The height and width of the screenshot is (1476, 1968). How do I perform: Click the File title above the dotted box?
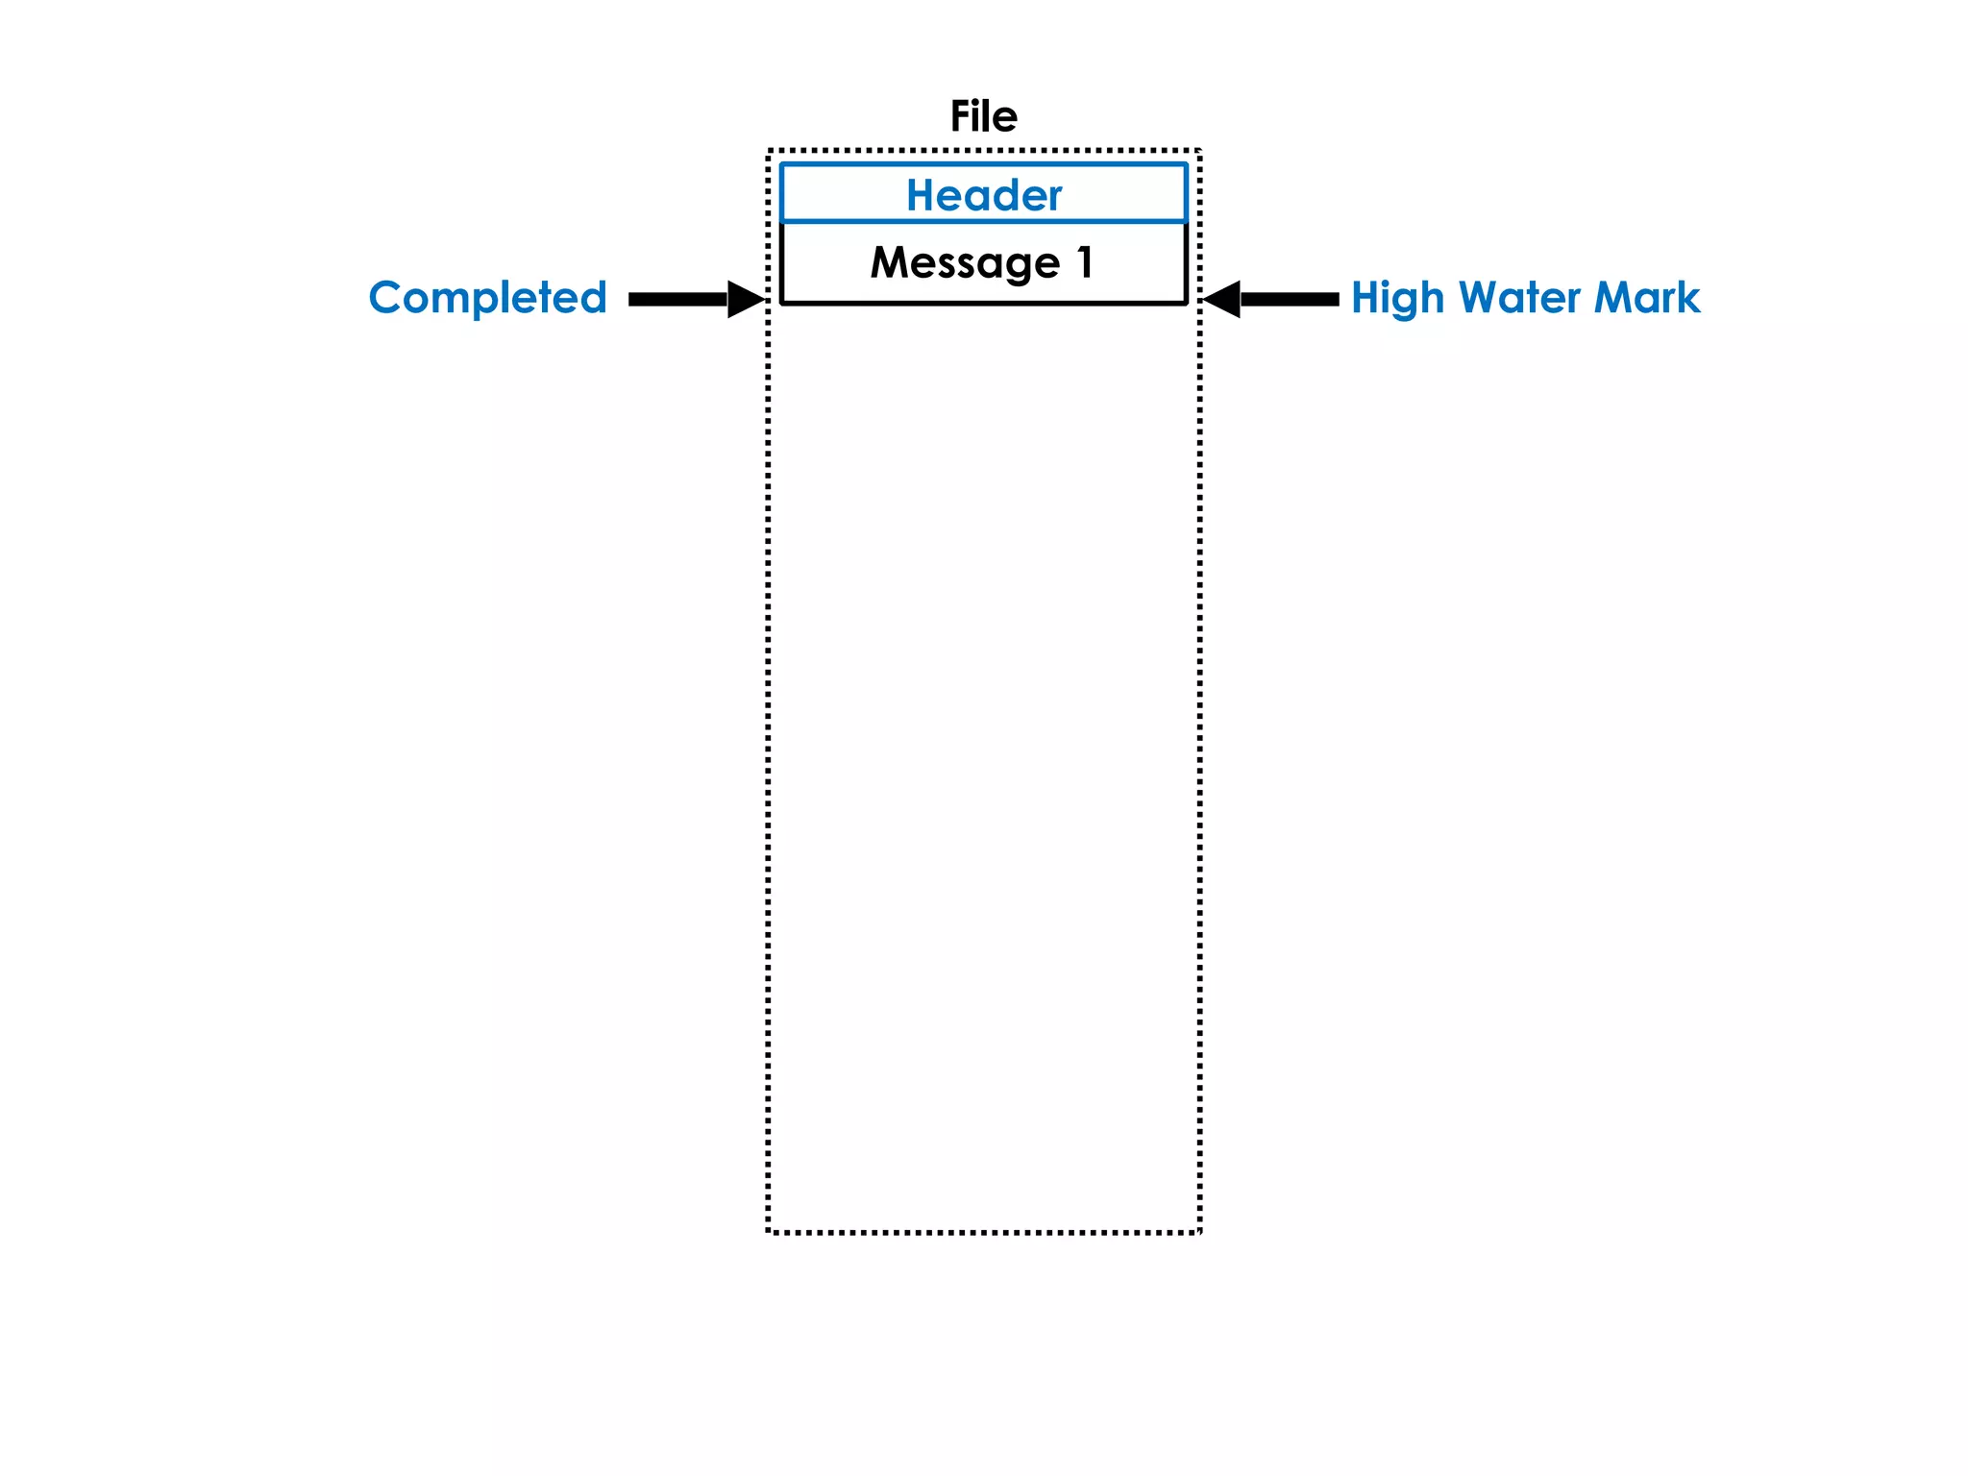[983, 116]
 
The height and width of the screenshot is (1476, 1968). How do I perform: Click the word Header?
[983, 195]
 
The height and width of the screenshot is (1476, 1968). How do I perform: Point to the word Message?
[964, 262]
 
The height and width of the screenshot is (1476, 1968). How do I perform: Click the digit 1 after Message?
[1085, 262]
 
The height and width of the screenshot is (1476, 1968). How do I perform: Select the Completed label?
[487, 297]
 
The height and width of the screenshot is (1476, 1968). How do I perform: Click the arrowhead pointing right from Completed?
[745, 299]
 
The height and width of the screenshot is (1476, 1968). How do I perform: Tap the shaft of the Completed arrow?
[677, 299]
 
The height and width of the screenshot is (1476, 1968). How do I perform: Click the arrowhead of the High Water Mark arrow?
[1223, 299]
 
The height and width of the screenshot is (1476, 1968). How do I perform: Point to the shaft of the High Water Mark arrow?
[1290, 299]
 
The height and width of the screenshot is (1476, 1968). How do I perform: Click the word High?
[1397, 298]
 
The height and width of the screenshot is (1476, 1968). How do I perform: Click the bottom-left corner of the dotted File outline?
[769, 1231]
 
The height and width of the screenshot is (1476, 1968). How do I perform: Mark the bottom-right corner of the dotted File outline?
[1199, 1231]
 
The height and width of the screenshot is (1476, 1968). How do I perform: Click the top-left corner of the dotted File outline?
[769, 151]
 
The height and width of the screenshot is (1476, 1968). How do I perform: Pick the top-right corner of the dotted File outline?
[1199, 151]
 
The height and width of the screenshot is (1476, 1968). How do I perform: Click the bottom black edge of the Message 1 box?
[983, 303]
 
